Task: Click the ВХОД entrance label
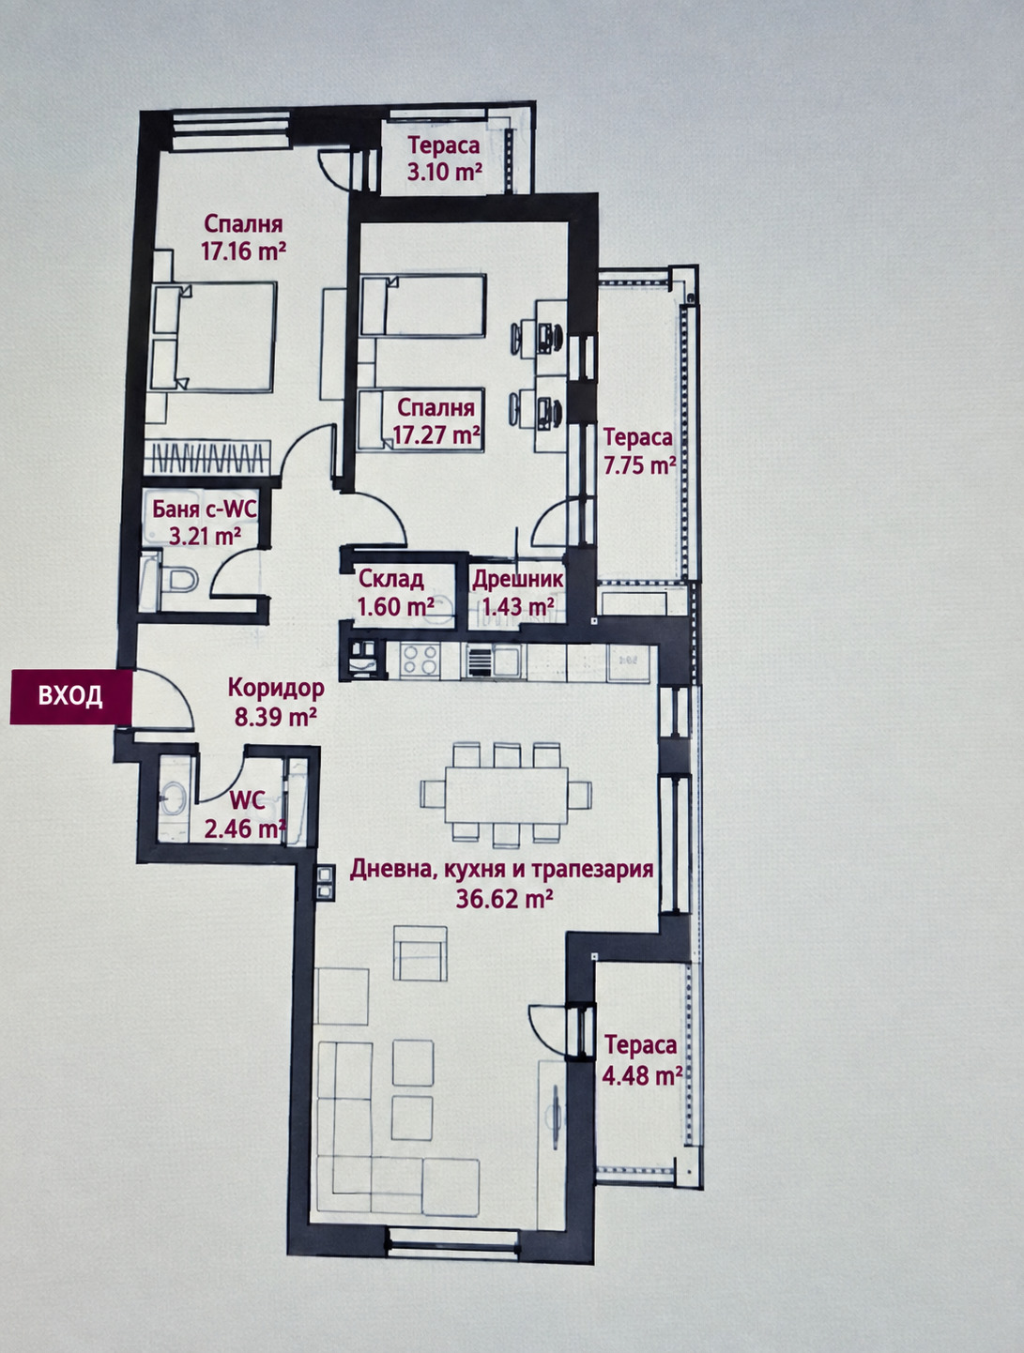click(x=70, y=695)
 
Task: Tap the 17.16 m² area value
click(x=243, y=251)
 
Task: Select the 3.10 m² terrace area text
click(x=444, y=172)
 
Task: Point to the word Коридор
click(x=276, y=687)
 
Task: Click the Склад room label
click(x=390, y=580)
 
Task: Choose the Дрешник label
click(x=518, y=580)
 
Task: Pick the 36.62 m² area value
click(x=504, y=899)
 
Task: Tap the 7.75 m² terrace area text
click(x=639, y=465)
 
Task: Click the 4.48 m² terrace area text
click(x=642, y=1076)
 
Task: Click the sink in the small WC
click(x=174, y=797)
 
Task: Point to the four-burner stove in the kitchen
click(x=420, y=661)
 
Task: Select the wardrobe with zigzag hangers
click(x=207, y=458)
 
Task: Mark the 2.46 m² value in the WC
click(x=244, y=829)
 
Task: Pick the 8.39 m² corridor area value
click(x=276, y=717)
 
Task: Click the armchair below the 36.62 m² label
click(x=420, y=953)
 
